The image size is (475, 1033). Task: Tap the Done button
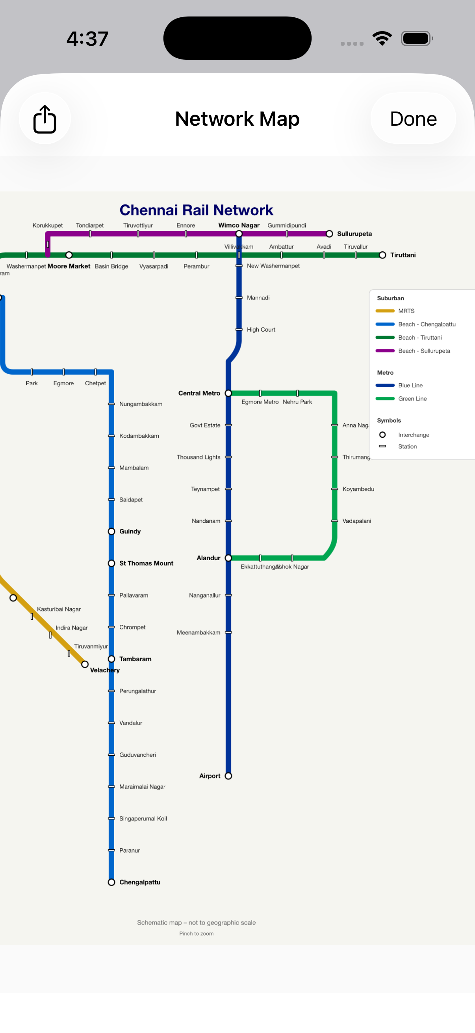[413, 119]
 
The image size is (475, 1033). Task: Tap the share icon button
[45, 119]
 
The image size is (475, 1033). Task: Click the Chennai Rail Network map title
[196, 210]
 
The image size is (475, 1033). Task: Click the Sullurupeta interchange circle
[329, 234]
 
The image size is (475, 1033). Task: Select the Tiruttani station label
[403, 255]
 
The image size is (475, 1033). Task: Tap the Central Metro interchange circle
[228, 394]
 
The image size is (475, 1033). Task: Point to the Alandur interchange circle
[228, 558]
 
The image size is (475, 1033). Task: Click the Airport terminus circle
[228, 776]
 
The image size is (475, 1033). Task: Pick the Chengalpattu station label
[139, 882]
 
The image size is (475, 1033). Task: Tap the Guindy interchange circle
[111, 531]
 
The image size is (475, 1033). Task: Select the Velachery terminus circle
[85, 665]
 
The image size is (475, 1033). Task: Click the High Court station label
[261, 330]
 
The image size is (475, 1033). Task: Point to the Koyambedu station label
[358, 489]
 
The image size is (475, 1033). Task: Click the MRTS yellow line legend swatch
[385, 311]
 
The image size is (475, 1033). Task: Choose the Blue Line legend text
[410, 385]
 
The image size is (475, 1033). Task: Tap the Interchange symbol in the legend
[382, 435]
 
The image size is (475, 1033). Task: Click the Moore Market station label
[69, 266]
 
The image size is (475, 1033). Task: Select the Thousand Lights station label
[199, 457]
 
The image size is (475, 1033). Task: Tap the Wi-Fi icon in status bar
[382, 39]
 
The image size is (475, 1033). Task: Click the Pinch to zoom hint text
[196, 934]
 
